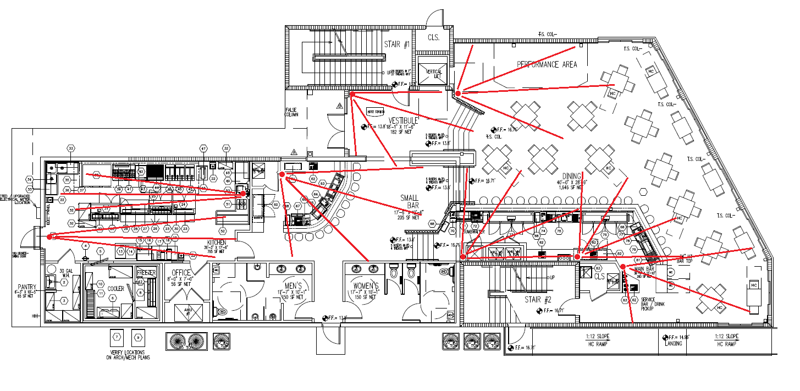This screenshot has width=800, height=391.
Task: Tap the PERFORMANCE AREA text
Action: point(547,64)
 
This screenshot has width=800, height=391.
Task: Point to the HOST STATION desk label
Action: point(374,112)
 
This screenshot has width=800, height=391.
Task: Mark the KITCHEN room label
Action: point(216,243)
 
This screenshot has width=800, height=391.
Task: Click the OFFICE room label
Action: point(181,273)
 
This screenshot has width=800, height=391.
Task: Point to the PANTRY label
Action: point(26,287)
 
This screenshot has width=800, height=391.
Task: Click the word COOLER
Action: point(115,289)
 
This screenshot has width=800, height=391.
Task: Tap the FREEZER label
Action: point(146,273)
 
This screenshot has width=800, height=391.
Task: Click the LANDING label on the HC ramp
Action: point(674,343)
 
